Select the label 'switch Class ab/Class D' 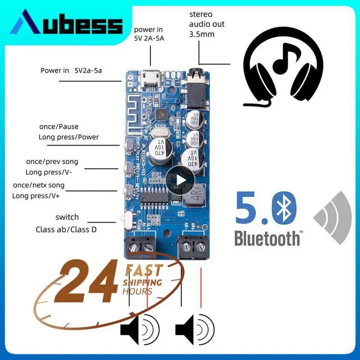coord(66,223)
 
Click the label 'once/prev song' coord(52,162)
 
